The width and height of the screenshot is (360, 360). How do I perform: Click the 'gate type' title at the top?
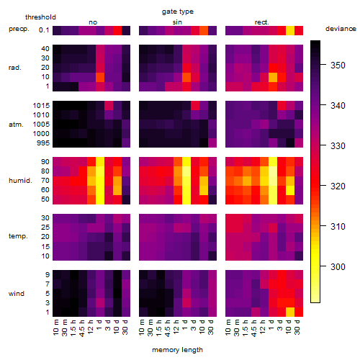[x=178, y=12]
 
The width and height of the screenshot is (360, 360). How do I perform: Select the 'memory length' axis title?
[x=177, y=350]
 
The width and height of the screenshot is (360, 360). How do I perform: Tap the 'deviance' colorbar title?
[x=341, y=29]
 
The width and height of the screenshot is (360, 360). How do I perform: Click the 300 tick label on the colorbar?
[x=338, y=266]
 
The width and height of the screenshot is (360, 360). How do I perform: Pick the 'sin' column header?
[x=177, y=22]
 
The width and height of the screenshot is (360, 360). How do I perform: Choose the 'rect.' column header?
[x=261, y=22]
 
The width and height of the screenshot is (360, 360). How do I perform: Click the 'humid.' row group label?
[x=20, y=181]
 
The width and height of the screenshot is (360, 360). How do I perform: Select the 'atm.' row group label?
[x=16, y=125]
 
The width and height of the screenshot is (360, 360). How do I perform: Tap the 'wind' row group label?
[x=17, y=294]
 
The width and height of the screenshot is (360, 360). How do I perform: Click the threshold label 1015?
[x=41, y=105]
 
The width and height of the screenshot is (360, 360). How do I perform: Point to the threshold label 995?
[x=43, y=143]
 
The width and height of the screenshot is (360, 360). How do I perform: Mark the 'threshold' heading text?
[x=40, y=17]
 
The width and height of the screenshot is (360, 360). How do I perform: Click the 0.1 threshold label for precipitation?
[x=44, y=30]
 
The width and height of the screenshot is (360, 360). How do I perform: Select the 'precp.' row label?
[x=19, y=29]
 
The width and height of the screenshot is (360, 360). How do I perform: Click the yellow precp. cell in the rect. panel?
[x=290, y=30]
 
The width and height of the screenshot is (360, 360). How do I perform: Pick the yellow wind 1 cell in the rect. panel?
[x=290, y=312]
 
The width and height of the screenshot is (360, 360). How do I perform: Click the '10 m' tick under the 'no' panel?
[x=56, y=328]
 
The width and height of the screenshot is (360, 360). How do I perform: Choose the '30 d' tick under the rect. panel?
[x=297, y=328]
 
